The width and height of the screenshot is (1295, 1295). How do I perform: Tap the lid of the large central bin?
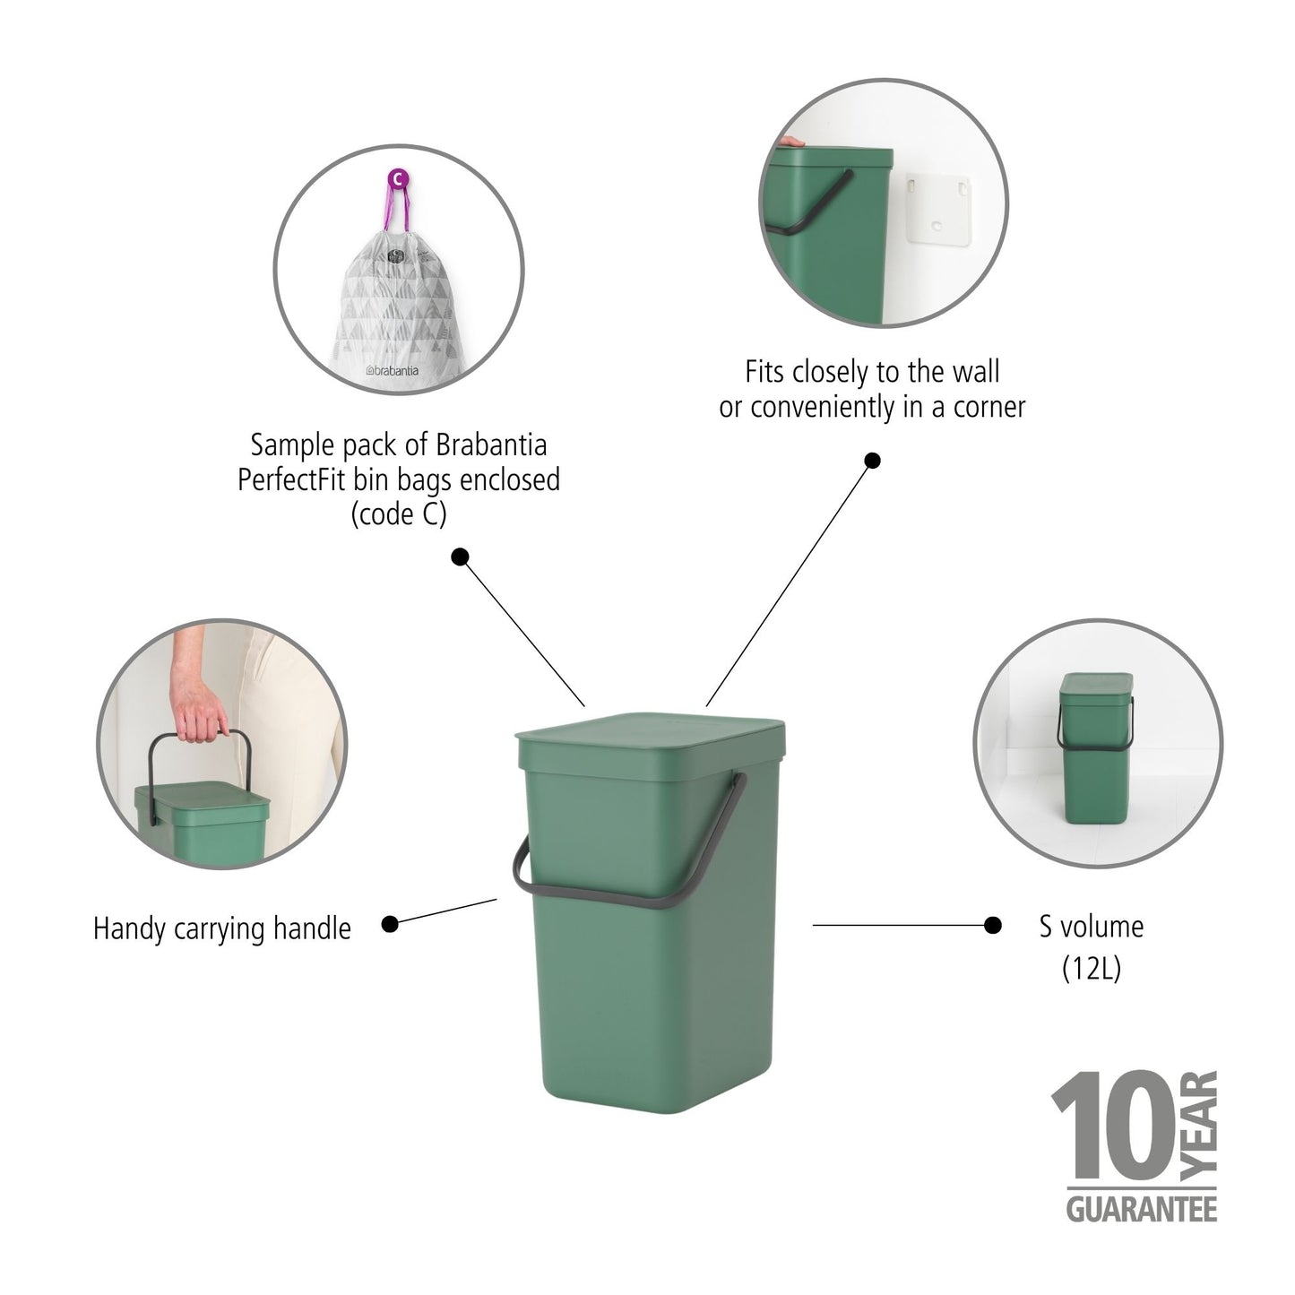click(x=652, y=730)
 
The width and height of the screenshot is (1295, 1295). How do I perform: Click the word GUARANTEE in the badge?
click(x=1141, y=1207)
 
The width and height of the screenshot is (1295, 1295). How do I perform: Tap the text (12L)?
click(x=1091, y=969)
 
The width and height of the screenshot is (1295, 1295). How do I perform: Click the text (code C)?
click(x=399, y=514)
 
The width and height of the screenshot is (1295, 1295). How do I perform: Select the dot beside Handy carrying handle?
click(x=390, y=924)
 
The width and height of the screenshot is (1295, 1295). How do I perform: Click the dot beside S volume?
click(x=992, y=925)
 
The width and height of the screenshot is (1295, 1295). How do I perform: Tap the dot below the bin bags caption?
click(x=460, y=557)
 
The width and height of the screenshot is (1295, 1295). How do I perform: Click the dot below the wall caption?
click(x=872, y=461)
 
